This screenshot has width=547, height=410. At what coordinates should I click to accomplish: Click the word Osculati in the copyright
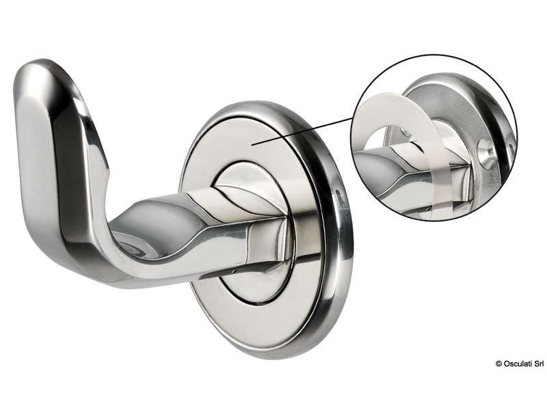[513, 401]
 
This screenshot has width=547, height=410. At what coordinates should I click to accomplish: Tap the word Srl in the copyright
[537, 401]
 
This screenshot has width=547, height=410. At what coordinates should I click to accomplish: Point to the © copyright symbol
[498, 401]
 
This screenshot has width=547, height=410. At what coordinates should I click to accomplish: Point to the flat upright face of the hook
[38, 157]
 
